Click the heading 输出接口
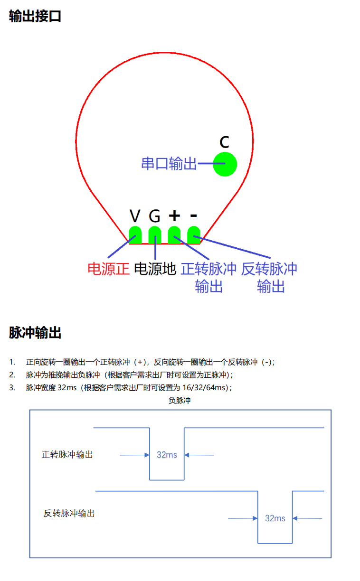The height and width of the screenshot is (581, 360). click(35, 16)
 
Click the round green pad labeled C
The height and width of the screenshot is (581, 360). click(225, 164)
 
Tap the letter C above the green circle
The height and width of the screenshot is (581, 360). click(225, 142)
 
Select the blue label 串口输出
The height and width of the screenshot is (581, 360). click(169, 164)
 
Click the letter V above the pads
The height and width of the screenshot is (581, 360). click(135, 216)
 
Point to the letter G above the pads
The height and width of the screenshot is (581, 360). click(155, 216)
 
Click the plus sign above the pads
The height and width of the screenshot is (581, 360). click(174, 216)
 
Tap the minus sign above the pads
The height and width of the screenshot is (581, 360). click(194, 216)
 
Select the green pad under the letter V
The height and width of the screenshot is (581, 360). click(135, 235)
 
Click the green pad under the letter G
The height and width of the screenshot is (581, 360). click(155, 235)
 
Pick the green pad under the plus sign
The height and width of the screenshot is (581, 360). click(174, 235)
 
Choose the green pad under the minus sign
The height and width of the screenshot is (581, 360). click(194, 235)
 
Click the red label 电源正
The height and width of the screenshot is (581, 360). click(108, 269)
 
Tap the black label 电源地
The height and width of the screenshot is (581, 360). click(155, 269)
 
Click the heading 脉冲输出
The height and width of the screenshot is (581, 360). click(35, 333)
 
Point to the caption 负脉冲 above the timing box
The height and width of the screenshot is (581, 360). click(180, 401)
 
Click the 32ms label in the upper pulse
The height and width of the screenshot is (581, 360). click(167, 455)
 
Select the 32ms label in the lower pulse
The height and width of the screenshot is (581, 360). click(275, 518)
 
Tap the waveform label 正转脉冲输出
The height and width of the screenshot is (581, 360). click(67, 454)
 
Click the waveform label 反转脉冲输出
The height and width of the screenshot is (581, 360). click(69, 513)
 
